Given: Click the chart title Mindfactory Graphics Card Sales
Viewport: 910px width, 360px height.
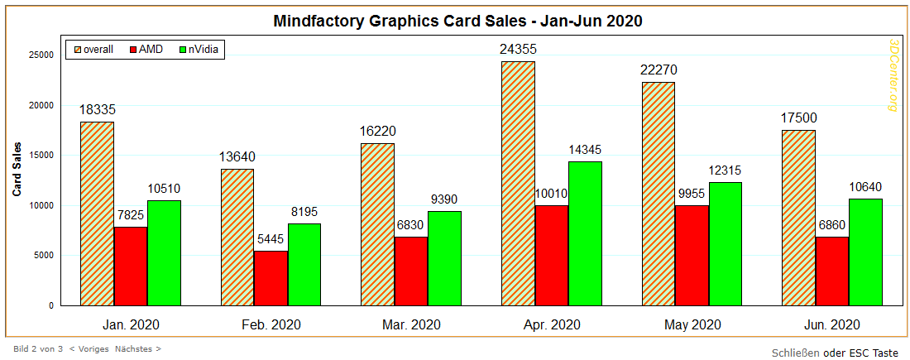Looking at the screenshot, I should (x=457, y=22).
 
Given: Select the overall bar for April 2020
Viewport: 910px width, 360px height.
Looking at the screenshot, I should (x=518, y=183).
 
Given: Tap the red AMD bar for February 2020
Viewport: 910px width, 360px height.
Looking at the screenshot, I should (x=271, y=278).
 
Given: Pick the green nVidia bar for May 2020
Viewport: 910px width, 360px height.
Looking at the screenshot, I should (x=725, y=243).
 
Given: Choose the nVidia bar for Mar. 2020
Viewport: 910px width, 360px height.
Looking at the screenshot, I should (x=444, y=258).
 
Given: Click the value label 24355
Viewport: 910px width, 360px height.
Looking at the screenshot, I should (x=518, y=50).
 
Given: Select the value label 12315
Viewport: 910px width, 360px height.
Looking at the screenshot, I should (x=725, y=170).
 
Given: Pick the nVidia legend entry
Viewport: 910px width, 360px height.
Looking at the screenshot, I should (x=199, y=49).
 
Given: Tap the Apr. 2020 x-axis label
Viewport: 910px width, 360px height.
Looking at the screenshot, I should (x=552, y=324).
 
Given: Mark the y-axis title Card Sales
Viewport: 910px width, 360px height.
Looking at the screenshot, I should (x=17, y=169).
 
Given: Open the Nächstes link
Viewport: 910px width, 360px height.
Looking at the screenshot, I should (x=137, y=349).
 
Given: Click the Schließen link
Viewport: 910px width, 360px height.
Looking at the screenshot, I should (x=795, y=353).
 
